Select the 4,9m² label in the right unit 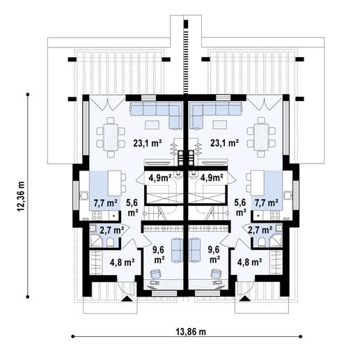click(x=212, y=178)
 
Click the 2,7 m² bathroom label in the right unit click(x=260, y=229)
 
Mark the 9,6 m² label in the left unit click(x=159, y=255)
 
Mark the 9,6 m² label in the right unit click(x=213, y=255)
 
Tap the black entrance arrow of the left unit click(x=125, y=299)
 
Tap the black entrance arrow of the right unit click(x=245, y=299)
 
